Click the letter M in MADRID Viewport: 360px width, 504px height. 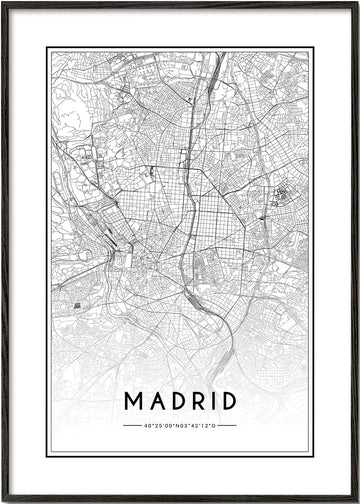(132, 401)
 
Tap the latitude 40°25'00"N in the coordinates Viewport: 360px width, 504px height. (160, 425)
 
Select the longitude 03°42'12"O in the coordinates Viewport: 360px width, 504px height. (198, 425)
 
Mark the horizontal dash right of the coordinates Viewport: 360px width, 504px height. (227, 425)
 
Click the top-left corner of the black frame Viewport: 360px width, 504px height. (3, 3)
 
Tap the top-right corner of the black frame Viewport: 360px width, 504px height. (357, 3)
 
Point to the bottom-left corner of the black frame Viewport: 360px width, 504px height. (3, 500)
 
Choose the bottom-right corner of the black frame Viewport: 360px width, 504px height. (357, 500)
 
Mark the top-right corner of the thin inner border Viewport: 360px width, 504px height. (312, 48)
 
